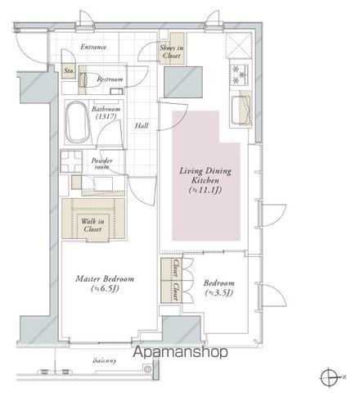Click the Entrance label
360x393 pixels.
pos(93,47)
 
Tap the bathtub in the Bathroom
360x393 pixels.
pos(78,122)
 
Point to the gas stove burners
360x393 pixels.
pos(239,75)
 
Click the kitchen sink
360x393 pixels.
pos(241,111)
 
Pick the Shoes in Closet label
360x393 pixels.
pos(172,52)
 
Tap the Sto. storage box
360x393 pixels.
pos(69,71)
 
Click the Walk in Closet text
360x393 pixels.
pos(92,225)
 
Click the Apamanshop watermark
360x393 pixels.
pos(180,352)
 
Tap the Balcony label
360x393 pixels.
pos(105,360)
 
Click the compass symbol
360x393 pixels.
pos(330,377)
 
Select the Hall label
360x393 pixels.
pos(142,125)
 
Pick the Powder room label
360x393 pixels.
pos(101,164)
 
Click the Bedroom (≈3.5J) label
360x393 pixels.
pos(219,287)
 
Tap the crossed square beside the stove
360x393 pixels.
pos(239,45)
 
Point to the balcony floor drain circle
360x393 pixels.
pos(147,369)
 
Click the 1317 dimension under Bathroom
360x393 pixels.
pos(106,116)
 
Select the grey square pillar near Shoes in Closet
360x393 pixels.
pos(183,82)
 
